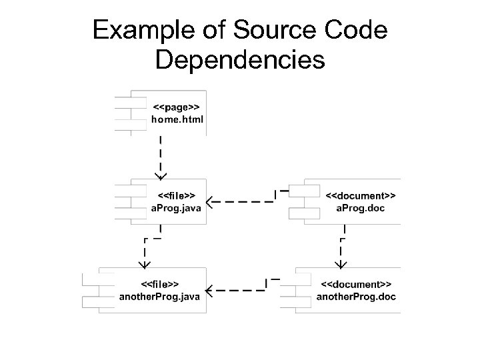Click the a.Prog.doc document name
(x=361, y=209)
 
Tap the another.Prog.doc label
(x=357, y=297)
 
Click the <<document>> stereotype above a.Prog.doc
(x=361, y=196)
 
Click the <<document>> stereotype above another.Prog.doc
(x=357, y=284)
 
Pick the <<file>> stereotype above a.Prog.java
(x=177, y=196)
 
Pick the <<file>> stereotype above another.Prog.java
(x=159, y=284)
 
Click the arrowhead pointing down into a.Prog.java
(x=160, y=175)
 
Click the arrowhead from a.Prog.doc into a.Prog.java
(x=209, y=201)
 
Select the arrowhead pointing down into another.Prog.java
(x=143, y=263)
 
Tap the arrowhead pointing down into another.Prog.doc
(x=341, y=263)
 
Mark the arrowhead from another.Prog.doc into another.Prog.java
(x=209, y=290)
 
